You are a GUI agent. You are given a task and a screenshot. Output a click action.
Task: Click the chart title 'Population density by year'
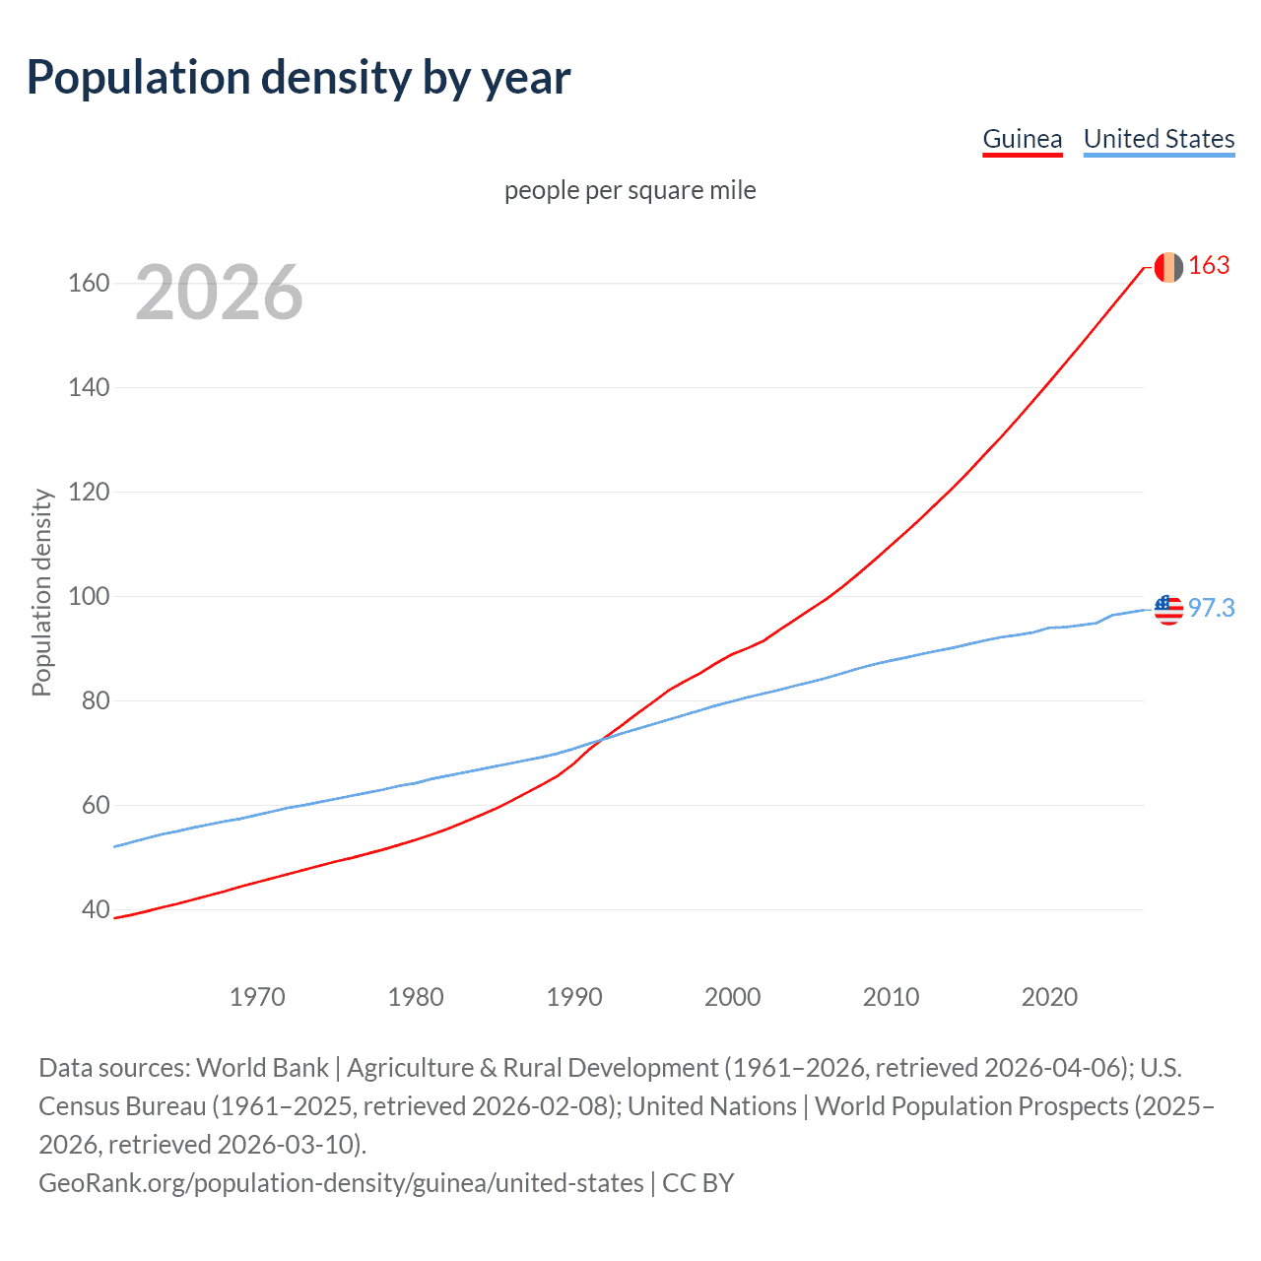pyautogui.click(x=299, y=78)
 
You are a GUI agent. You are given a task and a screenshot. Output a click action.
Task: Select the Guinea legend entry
pyautogui.click(x=1023, y=139)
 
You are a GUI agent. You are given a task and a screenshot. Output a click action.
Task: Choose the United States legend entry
pyautogui.click(x=1159, y=139)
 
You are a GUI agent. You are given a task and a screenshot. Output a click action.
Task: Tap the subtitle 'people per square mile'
pyautogui.click(x=630, y=190)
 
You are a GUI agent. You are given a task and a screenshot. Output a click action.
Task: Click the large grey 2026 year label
pyautogui.click(x=219, y=293)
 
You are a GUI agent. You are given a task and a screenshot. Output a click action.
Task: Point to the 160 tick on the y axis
pyautogui.click(x=89, y=284)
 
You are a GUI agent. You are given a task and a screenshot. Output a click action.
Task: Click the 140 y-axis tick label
pyautogui.click(x=89, y=388)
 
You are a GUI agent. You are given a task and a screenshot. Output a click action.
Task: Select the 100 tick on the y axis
pyautogui.click(x=89, y=597)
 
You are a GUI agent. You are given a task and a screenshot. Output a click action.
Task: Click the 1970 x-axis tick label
pyautogui.click(x=257, y=997)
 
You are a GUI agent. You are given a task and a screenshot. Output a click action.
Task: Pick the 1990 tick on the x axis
pyautogui.click(x=574, y=997)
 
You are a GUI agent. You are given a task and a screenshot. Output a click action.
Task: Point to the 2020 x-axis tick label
pyautogui.click(x=1049, y=997)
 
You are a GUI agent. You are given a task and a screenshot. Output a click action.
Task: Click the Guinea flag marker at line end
pyautogui.click(x=1168, y=267)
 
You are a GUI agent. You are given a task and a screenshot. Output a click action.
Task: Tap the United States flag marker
pyautogui.click(x=1168, y=610)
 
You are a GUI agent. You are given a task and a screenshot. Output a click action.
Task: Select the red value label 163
pyautogui.click(x=1209, y=266)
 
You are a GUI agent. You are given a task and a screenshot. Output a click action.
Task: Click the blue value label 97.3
pyautogui.click(x=1211, y=609)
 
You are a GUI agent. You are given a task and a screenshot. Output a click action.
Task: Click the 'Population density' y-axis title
pyautogui.click(x=41, y=593)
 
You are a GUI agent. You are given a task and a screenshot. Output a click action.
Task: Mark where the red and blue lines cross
pyautogui.click(x=600, y=738)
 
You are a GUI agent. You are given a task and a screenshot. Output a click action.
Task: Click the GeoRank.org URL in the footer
pyautogui.click(x=341, y=1182)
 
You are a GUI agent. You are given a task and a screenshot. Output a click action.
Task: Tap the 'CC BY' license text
pyautogui.click(x=698, y=1182)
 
